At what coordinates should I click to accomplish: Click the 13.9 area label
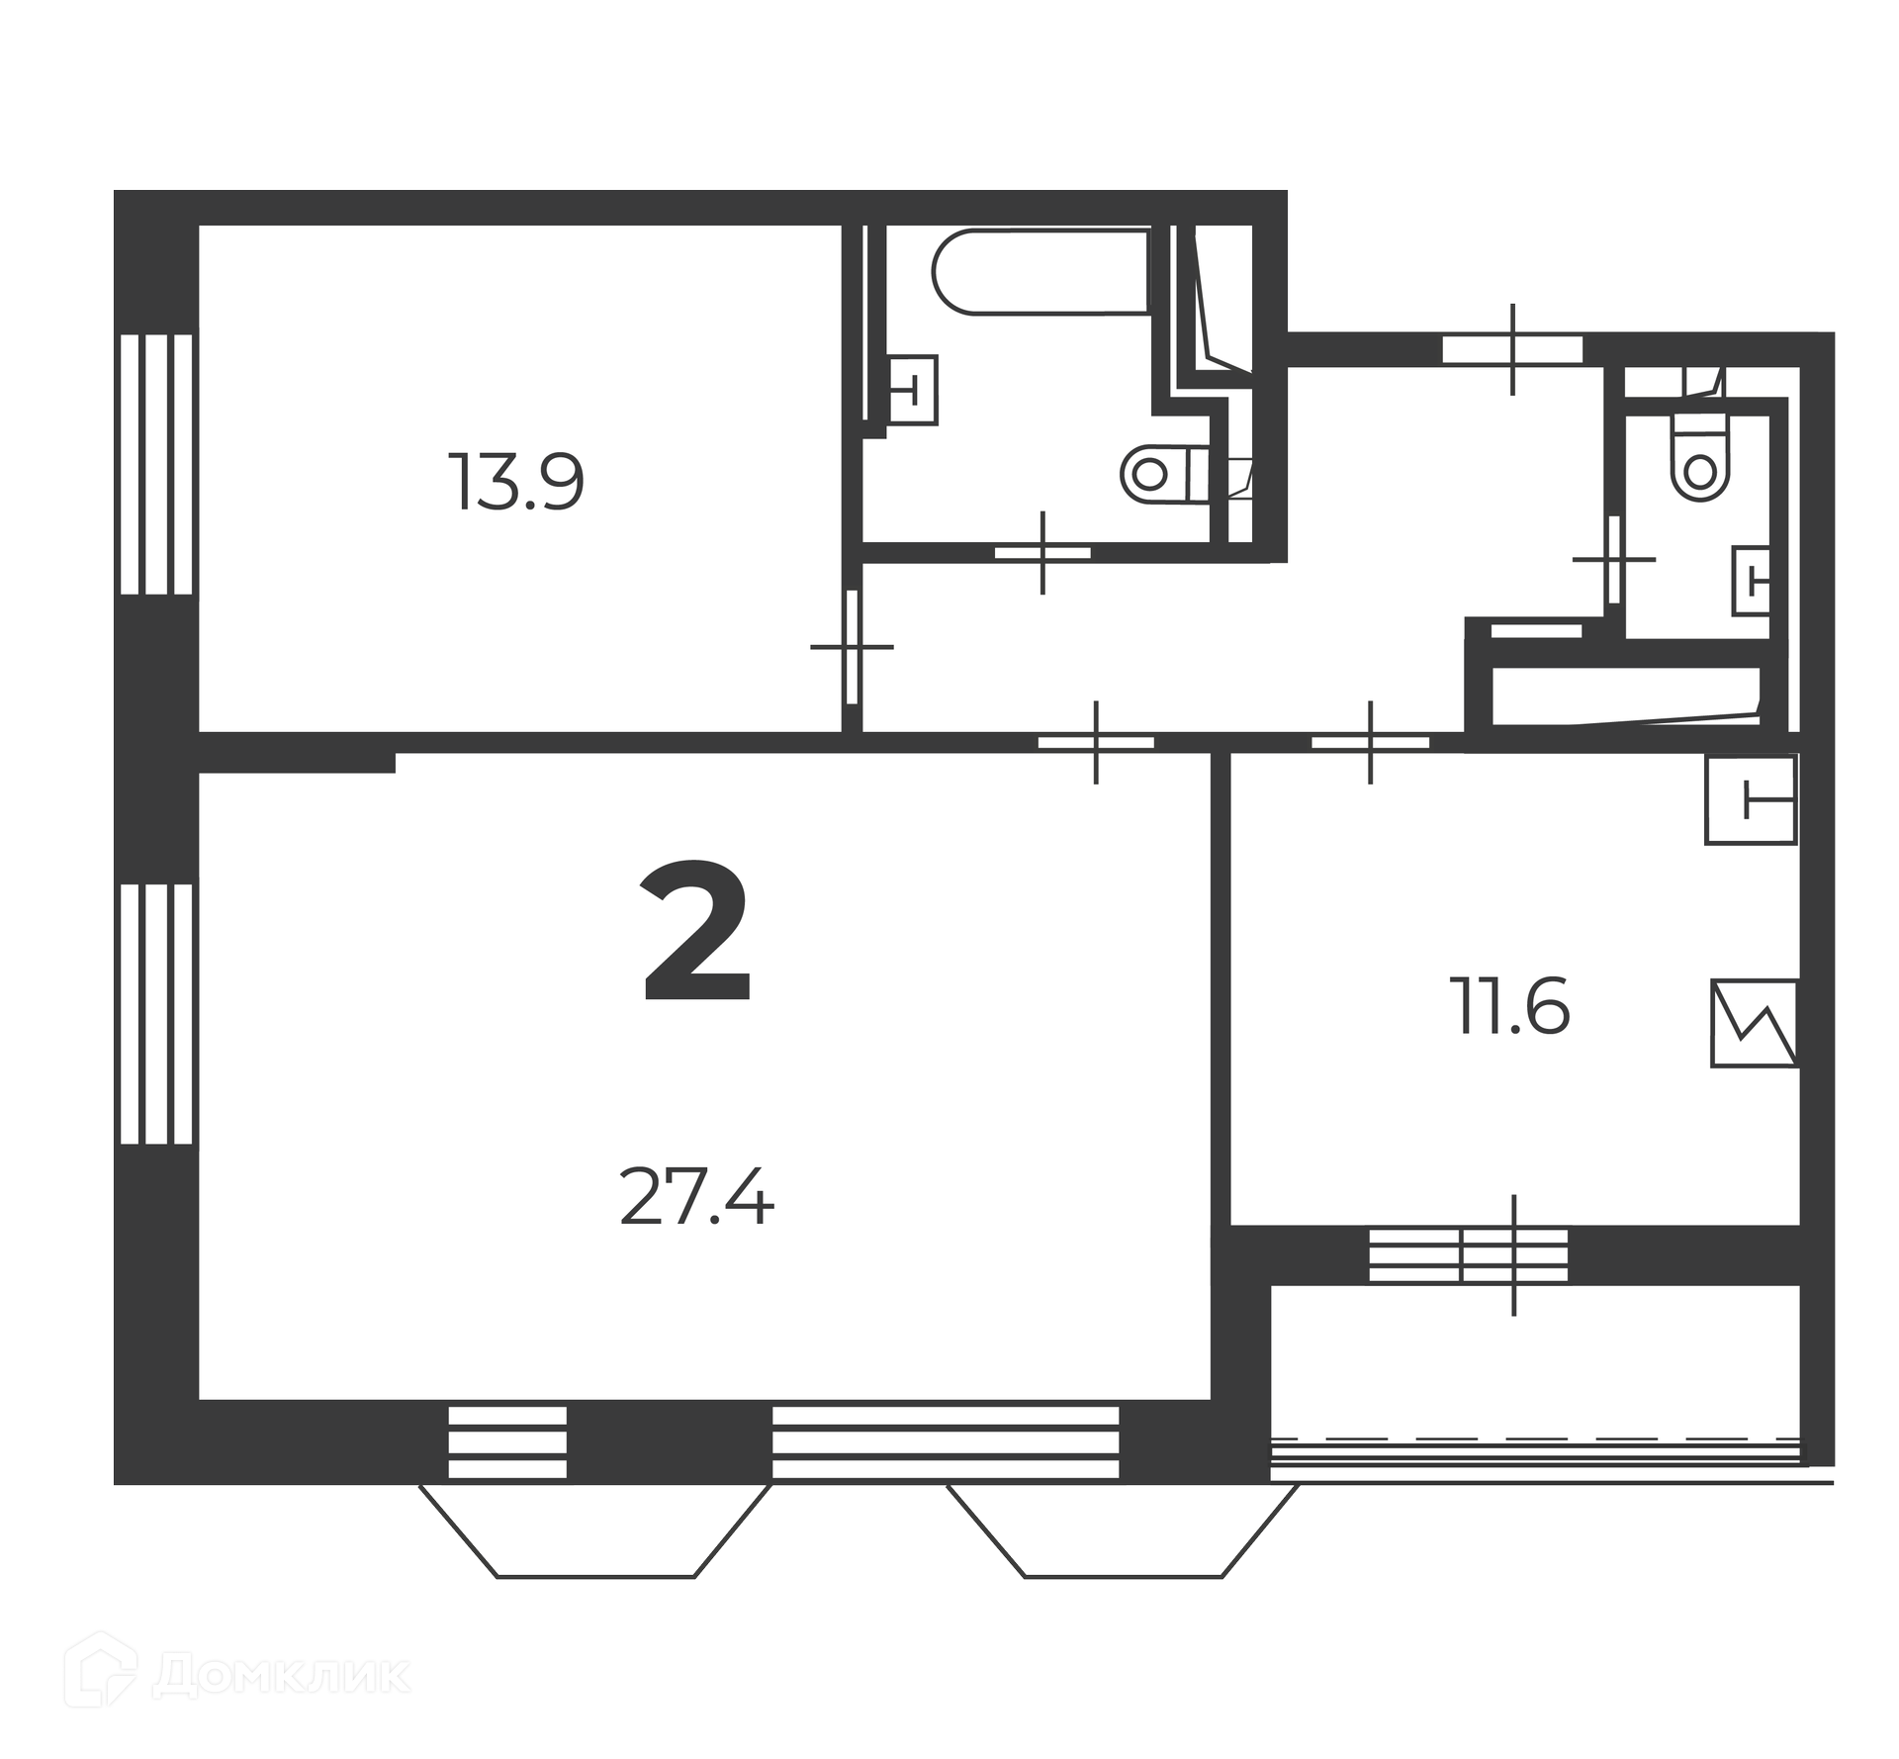point(515,482)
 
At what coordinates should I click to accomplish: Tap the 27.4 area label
point(696,1196)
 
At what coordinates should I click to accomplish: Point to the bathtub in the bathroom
point(1040,271)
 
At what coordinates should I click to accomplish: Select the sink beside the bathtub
point(911,390)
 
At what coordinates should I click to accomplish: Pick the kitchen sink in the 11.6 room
point(1750,799)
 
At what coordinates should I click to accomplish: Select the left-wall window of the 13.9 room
point(156,464)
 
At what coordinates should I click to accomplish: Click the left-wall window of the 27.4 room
point(156,1013)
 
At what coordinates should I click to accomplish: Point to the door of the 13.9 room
point(852,647)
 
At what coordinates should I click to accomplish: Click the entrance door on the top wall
point(1513,350)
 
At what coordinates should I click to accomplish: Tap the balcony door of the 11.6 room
point(1514,1255)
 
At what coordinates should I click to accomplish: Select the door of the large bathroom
point(1042,553)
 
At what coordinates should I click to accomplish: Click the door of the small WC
point(1614,560)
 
